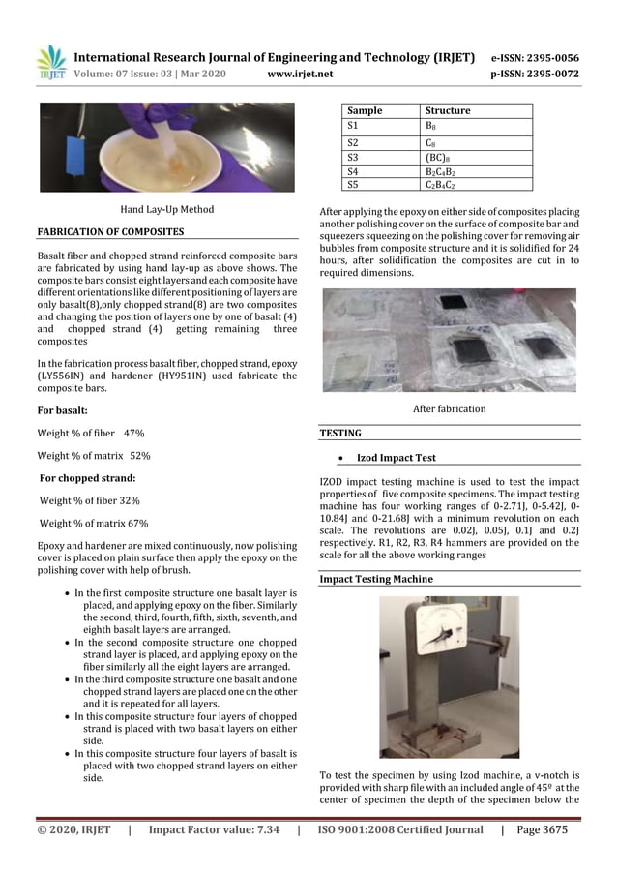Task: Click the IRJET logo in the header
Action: pyautogui.click(x=50, y=62)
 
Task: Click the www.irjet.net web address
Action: pyautogui.click(x=299, y=74)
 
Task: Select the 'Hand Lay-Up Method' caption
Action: pyautogui.click(x=166, y=209)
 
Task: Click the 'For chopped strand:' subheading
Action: pyautogui.click(x=86, y=478)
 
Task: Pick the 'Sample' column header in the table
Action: pyautogui.click(x=365, y=111)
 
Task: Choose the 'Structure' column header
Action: pyautogui.click(x=448, y=111)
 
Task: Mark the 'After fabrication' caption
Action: pyautogui.click(x=450, y=409)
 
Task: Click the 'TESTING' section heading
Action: pyautogui.click(x=339, y=434)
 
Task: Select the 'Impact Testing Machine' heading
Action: pyautogui.click(x=376, y=579)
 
